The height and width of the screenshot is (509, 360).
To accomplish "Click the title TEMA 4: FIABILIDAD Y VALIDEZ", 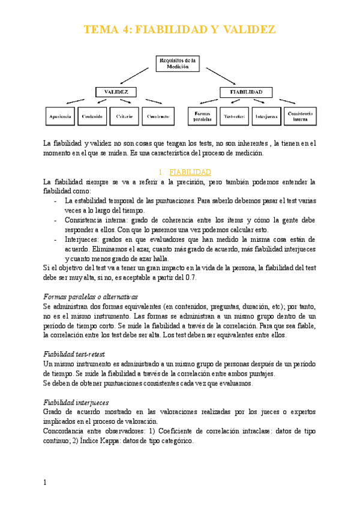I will point(179,30).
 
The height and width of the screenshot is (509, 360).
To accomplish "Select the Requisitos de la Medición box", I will point(178,64).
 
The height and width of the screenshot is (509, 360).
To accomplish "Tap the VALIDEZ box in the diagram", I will point(116,92).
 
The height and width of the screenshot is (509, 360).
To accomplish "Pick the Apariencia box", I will point(61,116).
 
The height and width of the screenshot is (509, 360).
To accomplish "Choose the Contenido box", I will point(92,116).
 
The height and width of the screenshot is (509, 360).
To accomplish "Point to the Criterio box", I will point(124,116).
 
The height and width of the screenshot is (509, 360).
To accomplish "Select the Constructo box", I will point(157,116).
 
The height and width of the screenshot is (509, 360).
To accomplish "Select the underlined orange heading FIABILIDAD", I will point(186,172).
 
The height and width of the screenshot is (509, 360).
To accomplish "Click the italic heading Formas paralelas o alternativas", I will point(91,297).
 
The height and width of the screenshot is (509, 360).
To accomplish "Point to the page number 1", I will point(46,483).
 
